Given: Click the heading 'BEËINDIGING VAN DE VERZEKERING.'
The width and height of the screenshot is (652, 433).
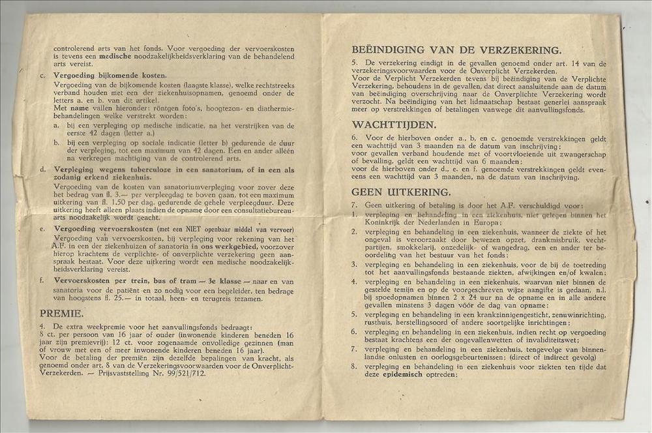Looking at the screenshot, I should pyautogui.click(x=456, y=50).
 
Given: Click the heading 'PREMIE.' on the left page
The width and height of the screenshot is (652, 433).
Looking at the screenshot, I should pyautogui.click(x=61, y=312).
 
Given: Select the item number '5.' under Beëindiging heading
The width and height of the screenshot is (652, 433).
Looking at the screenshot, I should pyautogui.click(x=354, y=63).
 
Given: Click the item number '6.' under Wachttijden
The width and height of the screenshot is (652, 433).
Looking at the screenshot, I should pyautogui.click(x=354, y=138).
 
